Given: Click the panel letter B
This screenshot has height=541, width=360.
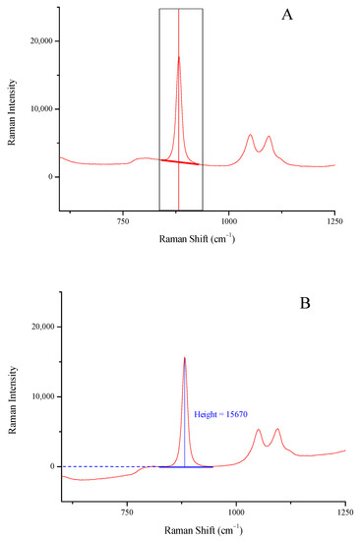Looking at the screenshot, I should [x=305, y=304].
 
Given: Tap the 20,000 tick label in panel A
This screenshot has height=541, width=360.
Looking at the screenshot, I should [x=33, y=41].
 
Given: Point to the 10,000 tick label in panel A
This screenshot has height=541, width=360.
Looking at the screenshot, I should [x=33, y=109].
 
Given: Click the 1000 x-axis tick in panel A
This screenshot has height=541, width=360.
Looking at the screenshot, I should [x=228, y=223].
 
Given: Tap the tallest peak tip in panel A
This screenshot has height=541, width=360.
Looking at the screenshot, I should [x=178, y=57].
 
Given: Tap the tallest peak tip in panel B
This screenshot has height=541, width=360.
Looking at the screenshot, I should [x=184, y=358].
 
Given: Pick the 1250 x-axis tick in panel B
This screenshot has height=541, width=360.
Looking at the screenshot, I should [x=343, y=512].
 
